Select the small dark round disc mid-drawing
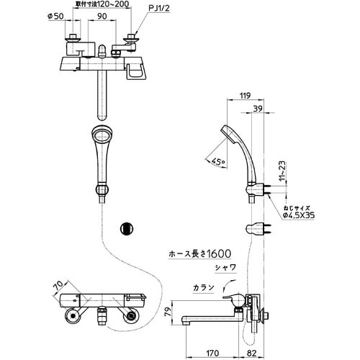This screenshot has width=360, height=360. tap(126, 228)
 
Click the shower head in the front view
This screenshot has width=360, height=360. tap(100, 140)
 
